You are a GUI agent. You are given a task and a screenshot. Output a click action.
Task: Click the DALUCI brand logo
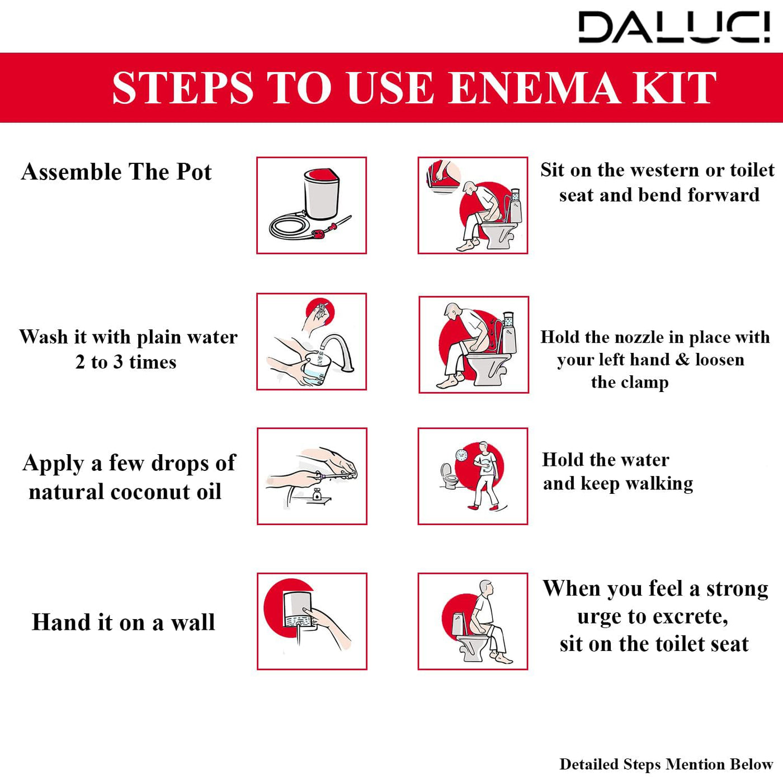point(673,27)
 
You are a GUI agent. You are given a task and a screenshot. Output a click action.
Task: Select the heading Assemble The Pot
point(116,172)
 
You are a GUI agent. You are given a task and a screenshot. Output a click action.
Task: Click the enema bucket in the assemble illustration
point(321,194)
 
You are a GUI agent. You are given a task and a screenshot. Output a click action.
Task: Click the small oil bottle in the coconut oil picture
point(317,495)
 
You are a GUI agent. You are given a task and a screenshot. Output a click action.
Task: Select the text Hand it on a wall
point(123,622)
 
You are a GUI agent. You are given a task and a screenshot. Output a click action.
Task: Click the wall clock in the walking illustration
point(461,455)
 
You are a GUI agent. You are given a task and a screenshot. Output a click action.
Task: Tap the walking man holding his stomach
point(484,475)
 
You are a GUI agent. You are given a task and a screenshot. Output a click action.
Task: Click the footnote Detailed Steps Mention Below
point(666,764)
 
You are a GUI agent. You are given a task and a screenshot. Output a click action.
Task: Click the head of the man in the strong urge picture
point(487,588)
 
